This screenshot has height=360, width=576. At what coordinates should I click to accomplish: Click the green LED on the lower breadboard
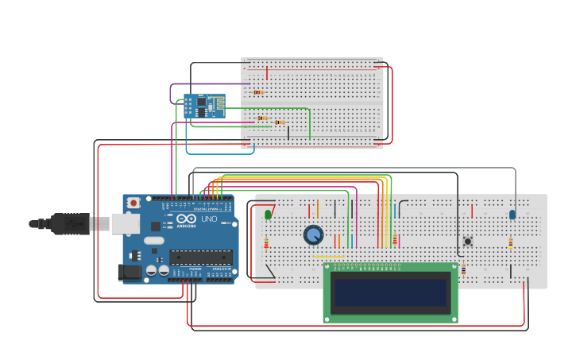(268, 214)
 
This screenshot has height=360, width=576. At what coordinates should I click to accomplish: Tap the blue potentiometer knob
(314, 234)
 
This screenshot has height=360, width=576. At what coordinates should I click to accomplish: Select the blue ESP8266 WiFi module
(204, 106)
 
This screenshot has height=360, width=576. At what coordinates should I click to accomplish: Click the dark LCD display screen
(390, 292)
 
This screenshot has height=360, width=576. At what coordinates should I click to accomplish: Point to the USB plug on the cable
(71, 224)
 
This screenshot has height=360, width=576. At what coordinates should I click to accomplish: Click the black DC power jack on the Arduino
(130, 273)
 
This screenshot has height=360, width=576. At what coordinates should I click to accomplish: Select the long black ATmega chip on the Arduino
(200, 257)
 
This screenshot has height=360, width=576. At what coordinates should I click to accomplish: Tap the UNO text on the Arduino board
(208, 219)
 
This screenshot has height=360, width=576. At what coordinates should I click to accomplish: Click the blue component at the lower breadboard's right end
(512, 214)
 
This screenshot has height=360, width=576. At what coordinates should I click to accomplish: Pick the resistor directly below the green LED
(266, 243)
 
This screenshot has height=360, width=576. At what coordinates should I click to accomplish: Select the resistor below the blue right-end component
(511, 243)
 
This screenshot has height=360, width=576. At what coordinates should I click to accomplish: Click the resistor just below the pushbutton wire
(463, 270)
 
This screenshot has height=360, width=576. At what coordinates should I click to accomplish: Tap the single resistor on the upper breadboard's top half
(258, 92)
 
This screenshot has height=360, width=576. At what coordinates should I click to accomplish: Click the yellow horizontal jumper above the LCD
(328, 256)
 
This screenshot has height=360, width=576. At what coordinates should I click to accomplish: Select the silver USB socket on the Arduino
(125, 224)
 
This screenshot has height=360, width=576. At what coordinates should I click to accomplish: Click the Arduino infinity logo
(185, 219)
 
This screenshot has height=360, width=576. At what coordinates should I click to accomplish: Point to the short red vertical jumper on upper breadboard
(267, 73)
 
